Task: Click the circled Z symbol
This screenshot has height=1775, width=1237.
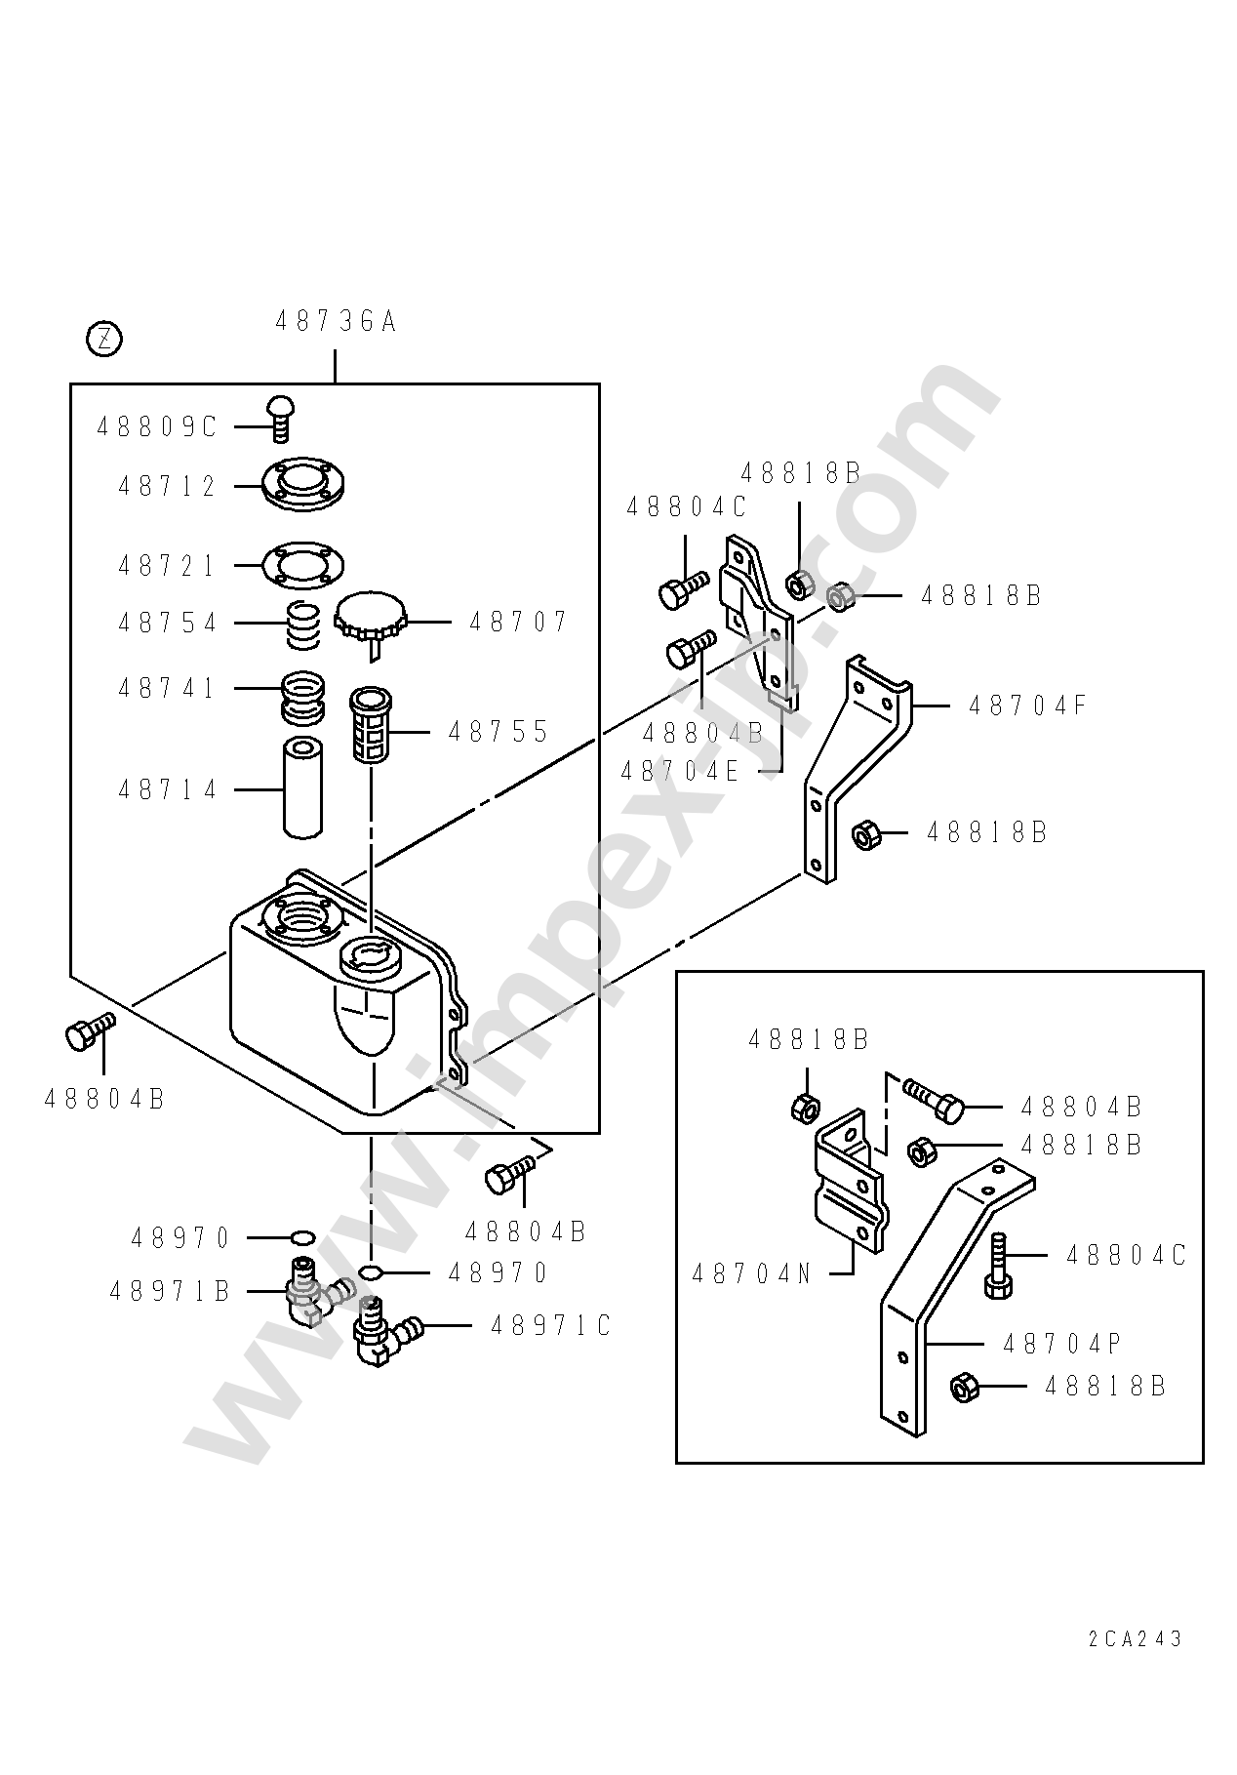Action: (104, 340)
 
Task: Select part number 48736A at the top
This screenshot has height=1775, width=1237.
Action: (336, 321)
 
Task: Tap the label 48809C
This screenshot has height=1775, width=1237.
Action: (157, 426)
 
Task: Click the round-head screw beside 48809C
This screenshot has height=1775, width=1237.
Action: (282, 420)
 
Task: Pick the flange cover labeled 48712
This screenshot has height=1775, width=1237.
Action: (303, 484)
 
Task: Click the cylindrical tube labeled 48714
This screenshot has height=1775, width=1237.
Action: (302, 788)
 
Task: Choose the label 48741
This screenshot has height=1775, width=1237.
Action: (167, 688)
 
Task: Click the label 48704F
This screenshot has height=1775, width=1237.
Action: (1027, 705)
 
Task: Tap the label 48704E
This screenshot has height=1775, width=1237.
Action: (681, 771)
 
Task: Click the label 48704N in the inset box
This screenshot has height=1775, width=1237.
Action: (752, 1273)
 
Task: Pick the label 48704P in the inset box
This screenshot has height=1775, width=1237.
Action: (1062, 1344)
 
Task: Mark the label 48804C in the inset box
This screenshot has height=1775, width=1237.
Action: (1127, 1255)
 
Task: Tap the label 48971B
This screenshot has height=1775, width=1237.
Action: (170, 1291)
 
